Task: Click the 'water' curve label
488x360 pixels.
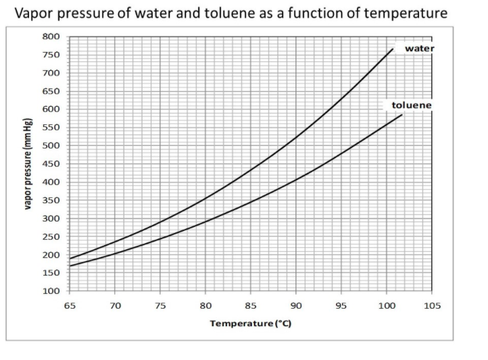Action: pos(419,49)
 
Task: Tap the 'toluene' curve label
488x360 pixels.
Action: pos(411,106)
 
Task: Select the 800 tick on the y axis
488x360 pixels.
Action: pos(51,36)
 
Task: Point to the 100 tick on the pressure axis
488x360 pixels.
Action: pos(51,292)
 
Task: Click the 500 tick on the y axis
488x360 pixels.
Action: pos(51,146)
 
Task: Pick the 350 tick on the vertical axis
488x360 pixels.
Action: pos(51,201)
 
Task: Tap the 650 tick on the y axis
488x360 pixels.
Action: pos(51,91)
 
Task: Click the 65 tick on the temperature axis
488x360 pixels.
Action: pos(69,306)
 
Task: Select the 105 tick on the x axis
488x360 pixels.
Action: pos(432,306)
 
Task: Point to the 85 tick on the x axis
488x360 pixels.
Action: pos(251,306)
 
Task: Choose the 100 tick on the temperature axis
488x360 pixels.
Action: pos(387,306)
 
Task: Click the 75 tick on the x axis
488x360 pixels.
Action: pos(160,306)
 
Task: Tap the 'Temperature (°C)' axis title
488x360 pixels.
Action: pos(251,324)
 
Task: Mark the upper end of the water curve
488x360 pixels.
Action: pos(393,49)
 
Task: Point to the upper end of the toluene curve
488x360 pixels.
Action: pos(402,115)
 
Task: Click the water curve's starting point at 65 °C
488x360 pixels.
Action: pos(70,259)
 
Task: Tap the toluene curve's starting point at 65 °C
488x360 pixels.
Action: pos(70,266)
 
